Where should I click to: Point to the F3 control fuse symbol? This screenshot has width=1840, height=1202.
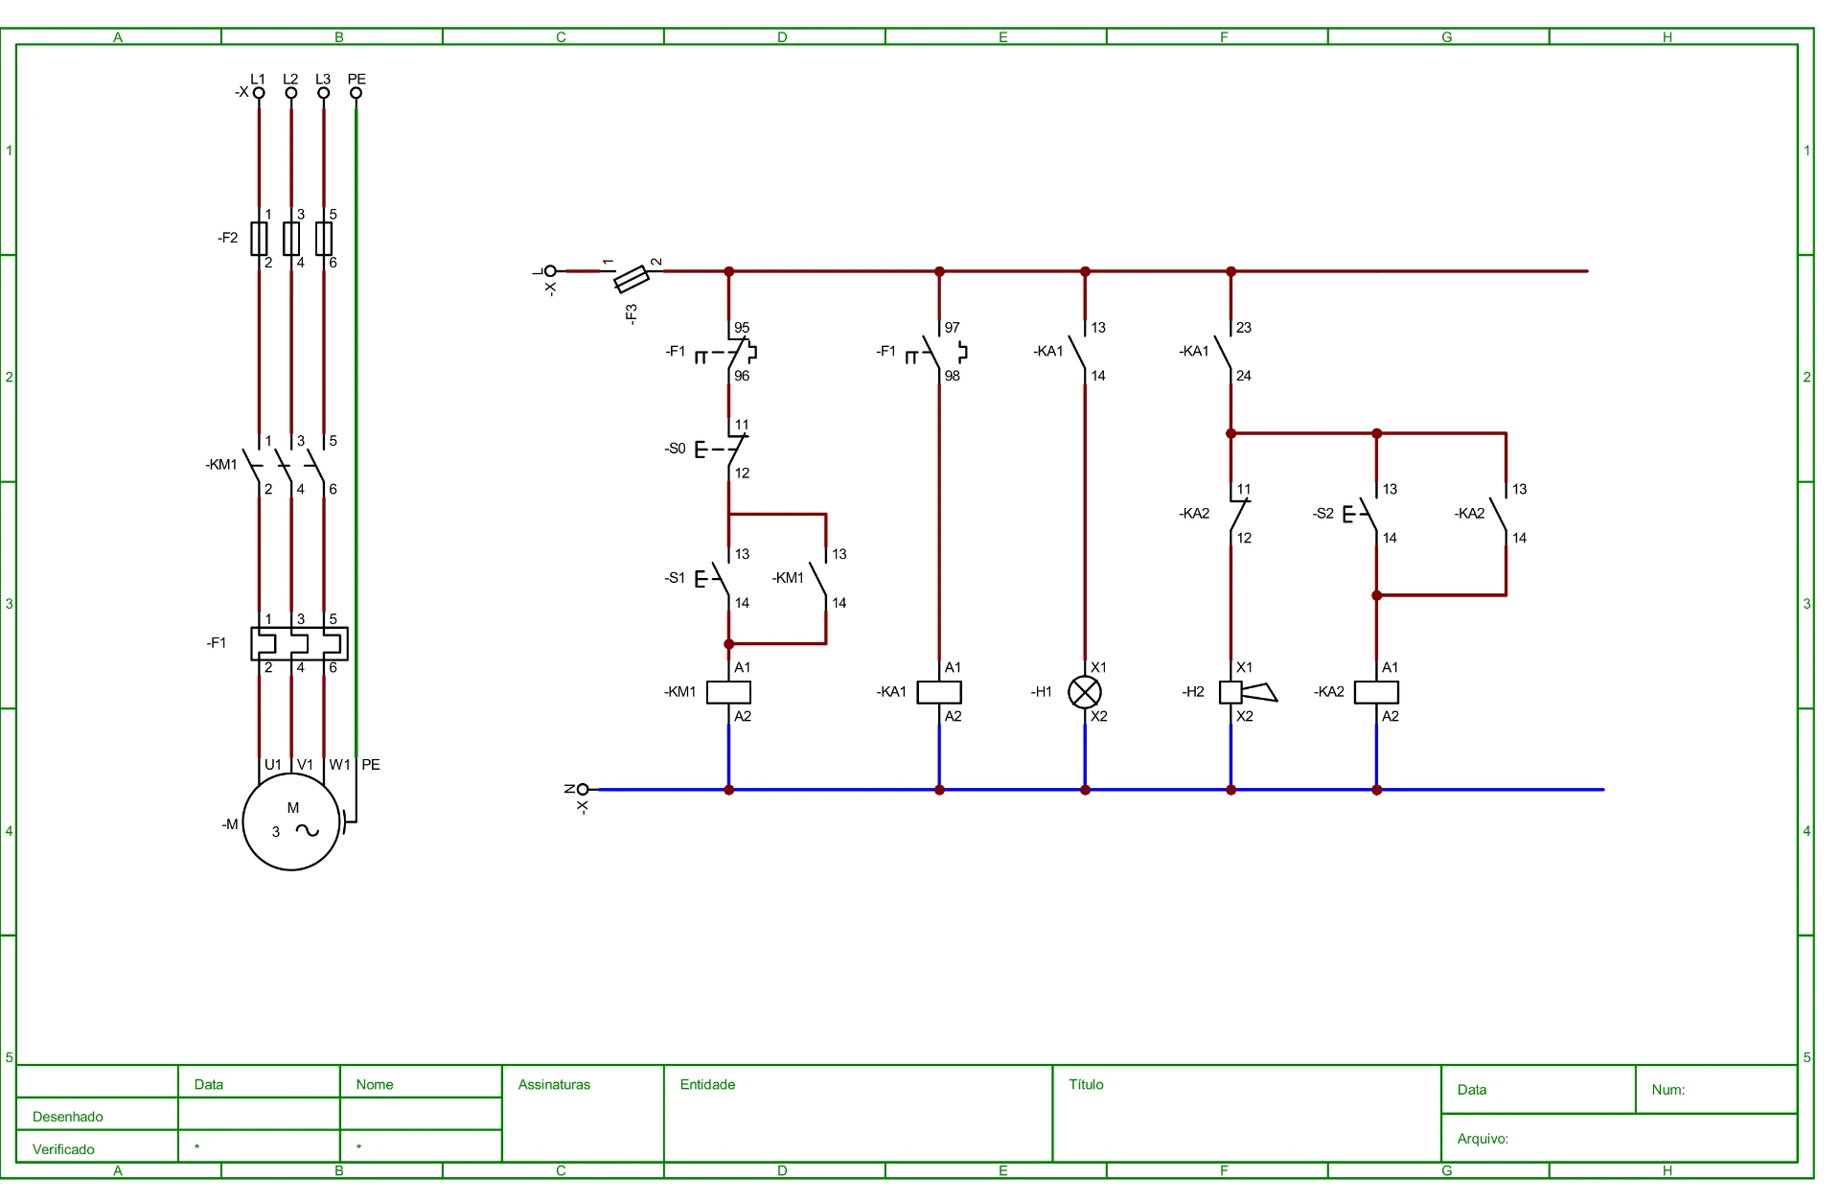(x=632, y=278)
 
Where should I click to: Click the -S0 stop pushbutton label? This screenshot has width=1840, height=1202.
(x=676, y=449)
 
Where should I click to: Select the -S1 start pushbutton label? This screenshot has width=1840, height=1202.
(x=676, y=578)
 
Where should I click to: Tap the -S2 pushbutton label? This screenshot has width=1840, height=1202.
(x=1323, y=514)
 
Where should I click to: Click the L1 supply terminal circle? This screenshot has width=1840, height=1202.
(x=259, y=93)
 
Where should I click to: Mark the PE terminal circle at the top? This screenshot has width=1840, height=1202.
(x=356, y=93)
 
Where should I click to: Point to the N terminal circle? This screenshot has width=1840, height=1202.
(x=583, y=790)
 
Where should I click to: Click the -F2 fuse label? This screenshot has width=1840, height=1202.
(x=227, y=238)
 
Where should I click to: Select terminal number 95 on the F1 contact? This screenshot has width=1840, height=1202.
(x=742, y=328)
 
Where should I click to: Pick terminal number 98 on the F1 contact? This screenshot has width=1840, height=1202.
(x=952, y=376)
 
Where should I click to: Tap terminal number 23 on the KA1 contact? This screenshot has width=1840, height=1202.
(x=1244, y=328)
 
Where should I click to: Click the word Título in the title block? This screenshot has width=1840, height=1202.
(x=1086, y=1084)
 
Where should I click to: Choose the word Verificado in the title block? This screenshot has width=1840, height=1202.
(x=63, y=1149)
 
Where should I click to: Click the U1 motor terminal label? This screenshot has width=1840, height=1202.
(x=273, y=765)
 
